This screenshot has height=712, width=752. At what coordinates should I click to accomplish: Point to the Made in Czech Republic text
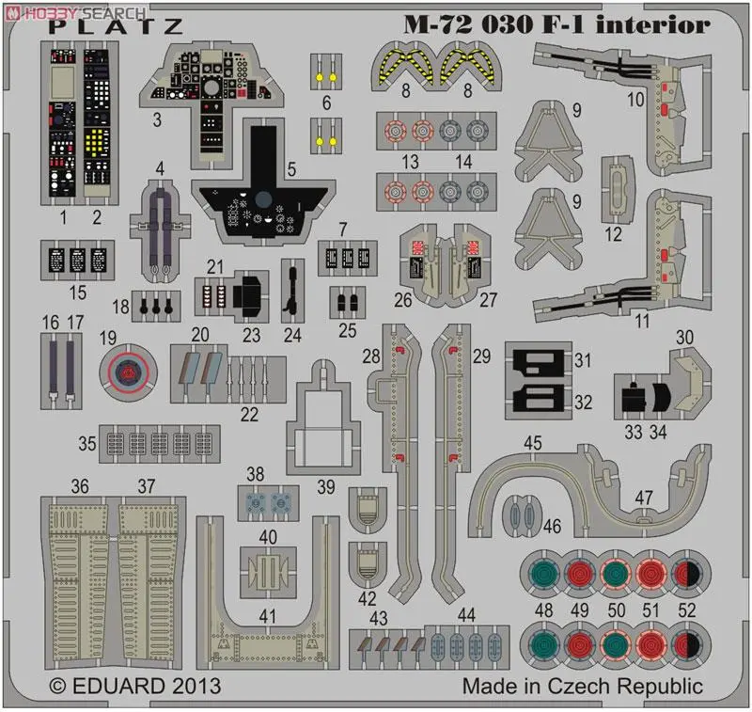(582, 686)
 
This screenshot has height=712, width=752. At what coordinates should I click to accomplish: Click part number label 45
(533, 442)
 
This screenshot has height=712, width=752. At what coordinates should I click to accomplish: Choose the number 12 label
(614, 230)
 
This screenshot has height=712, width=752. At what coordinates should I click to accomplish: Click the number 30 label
(685, 337)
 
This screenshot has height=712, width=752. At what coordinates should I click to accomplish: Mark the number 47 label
(643, 497)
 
